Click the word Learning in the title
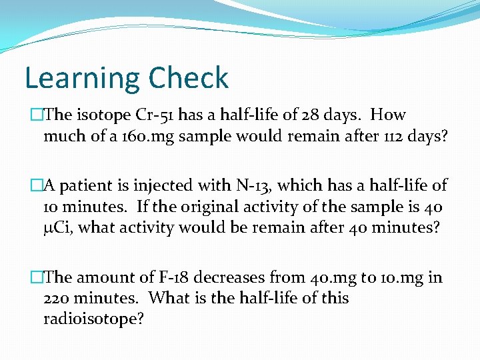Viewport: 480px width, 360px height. coord(81,78)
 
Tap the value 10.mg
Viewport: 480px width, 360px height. coord(399,277)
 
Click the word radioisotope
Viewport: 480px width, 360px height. coord(93,319)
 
